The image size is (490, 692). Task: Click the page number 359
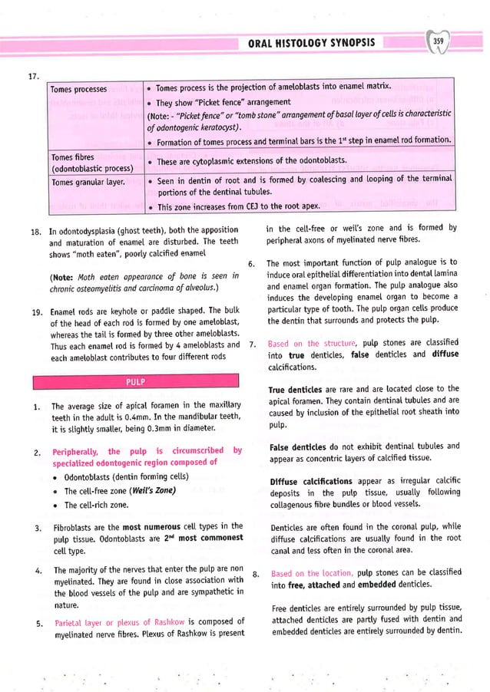(439, 41)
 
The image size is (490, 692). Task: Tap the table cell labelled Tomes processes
(78, 89)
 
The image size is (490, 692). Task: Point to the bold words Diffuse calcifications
(309, 482)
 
